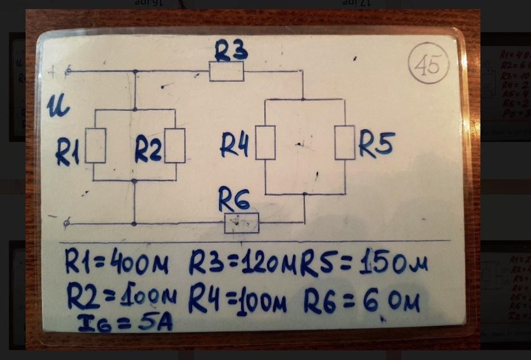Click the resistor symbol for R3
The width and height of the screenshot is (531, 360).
(x=226, y=72)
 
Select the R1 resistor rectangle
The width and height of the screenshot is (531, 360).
(x=96, y=146)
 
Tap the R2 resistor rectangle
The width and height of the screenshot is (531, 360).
(x=175, y=146)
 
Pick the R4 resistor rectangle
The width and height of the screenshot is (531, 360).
(x=265, y=142)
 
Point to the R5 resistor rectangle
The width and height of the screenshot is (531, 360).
(x=345, y=142)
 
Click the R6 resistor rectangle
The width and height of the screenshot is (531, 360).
(x=242, y=223)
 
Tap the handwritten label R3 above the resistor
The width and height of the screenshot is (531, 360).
(x=230, y=52)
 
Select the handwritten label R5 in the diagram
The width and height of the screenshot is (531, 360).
(x=376, y=146)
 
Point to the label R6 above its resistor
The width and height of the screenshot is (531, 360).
(x=234, y=201)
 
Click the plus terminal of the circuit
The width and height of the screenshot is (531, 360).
(x=69, y=72)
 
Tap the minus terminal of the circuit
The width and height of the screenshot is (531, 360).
(x=67, y=224)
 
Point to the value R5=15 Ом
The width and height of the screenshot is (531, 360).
(x=364, y=263)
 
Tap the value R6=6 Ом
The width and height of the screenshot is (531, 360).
(x=362, y=301)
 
